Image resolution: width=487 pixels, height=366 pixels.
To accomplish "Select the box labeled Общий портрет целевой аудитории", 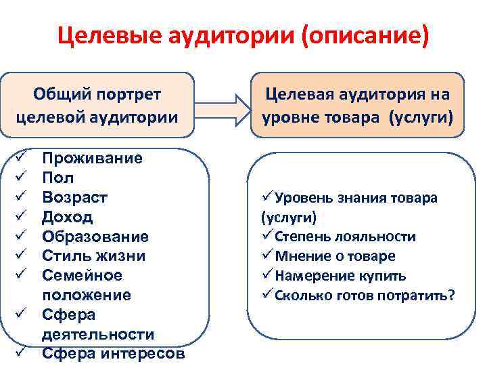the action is [x=97, y=104].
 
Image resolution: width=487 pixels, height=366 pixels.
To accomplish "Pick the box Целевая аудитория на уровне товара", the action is [x=357, y=104].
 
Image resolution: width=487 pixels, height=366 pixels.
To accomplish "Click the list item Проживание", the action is [x=92, y=159].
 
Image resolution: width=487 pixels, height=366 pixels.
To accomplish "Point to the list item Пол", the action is [x=58, y=178].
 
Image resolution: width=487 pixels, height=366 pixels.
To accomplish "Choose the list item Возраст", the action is [x=74, y=198].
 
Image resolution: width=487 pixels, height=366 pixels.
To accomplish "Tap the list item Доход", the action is [x=68, y=218].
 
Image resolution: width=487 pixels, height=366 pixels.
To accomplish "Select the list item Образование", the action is [x=95, y=237].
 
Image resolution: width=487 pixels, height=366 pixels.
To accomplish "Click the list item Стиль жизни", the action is [x=93, y=257].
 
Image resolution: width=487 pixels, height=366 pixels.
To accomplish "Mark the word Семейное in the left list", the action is [x=82, y=276].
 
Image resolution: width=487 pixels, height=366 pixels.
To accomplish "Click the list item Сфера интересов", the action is [x=112, y=354].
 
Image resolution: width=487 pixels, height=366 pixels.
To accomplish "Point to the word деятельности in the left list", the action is [x=98, y=335].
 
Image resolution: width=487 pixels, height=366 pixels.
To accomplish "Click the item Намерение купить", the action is [x=339, y=276].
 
